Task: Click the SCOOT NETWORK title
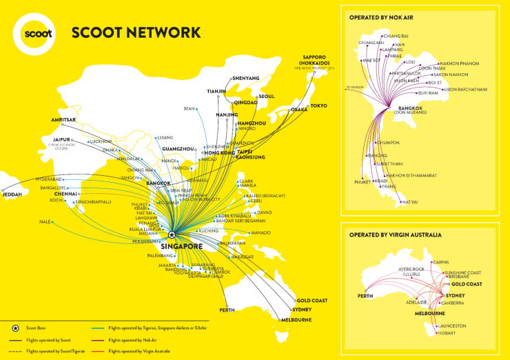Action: point(136,32)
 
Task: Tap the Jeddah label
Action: point(12,194)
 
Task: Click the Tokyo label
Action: point(318,106)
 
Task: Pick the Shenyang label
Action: point(246,78)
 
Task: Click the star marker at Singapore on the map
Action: point(172,234)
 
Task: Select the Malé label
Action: point(45,221)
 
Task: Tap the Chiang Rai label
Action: point(396,36)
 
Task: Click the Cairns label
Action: point(441,262)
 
